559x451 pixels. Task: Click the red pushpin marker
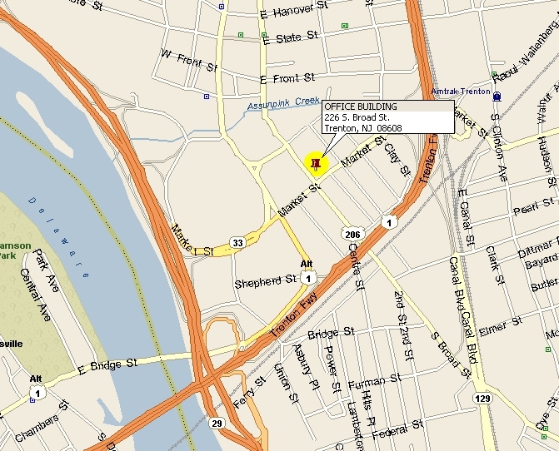pyautogui.click(x=315, y=163)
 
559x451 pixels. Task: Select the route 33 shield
pyautogui.click(x=237, y=242)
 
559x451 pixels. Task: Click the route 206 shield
pyautogui.click(x=351, y=235)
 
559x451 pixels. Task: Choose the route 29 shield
pyautogui.click(x=216, y=424)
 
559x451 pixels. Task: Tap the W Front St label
pyautogui.click(x=188, y=57)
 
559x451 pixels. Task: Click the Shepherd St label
pyautogui.click(x=266, y=281)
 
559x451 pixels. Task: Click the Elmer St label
pyautogui.click(x=501, y=322)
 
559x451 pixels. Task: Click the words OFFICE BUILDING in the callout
pyautogui.click(x=361, y=107)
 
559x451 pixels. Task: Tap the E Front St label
pyautogui.click(x=287, y=78)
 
